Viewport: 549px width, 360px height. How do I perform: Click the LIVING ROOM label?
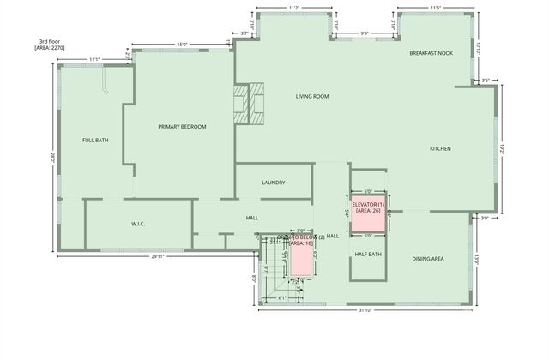pyautogui.click(x=312, y=97)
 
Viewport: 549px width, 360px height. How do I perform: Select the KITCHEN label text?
pyautogui.click(x=440, y=148)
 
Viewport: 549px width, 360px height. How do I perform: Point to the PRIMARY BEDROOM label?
pyautogui.click(x=182, y=127)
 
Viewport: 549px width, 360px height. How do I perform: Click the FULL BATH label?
pyautogui.click(x=95, y=140)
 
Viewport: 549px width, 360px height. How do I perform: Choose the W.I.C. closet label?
pyautogui.click(x=137, y=224)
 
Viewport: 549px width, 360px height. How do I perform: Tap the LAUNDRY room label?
pyautogui.click(x=274, y=183)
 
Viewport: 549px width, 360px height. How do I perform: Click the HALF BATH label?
pyautogui.click(x=368, y=254)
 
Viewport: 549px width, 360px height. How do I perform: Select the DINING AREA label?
pyautogui.click(x=428, y=258)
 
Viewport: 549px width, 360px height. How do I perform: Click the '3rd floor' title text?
pyautogui.click(x=50, y=41)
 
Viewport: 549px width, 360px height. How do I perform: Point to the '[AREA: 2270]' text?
pyautogui.click(x=50, y=49)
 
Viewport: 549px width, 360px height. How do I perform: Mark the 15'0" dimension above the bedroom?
pyautogui.click(x=182, y=45)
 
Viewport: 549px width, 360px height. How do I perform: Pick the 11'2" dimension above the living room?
pyautogui.click(x=294, y=8)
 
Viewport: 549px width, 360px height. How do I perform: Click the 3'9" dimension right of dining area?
pyautogui.click(x=484, y=218)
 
